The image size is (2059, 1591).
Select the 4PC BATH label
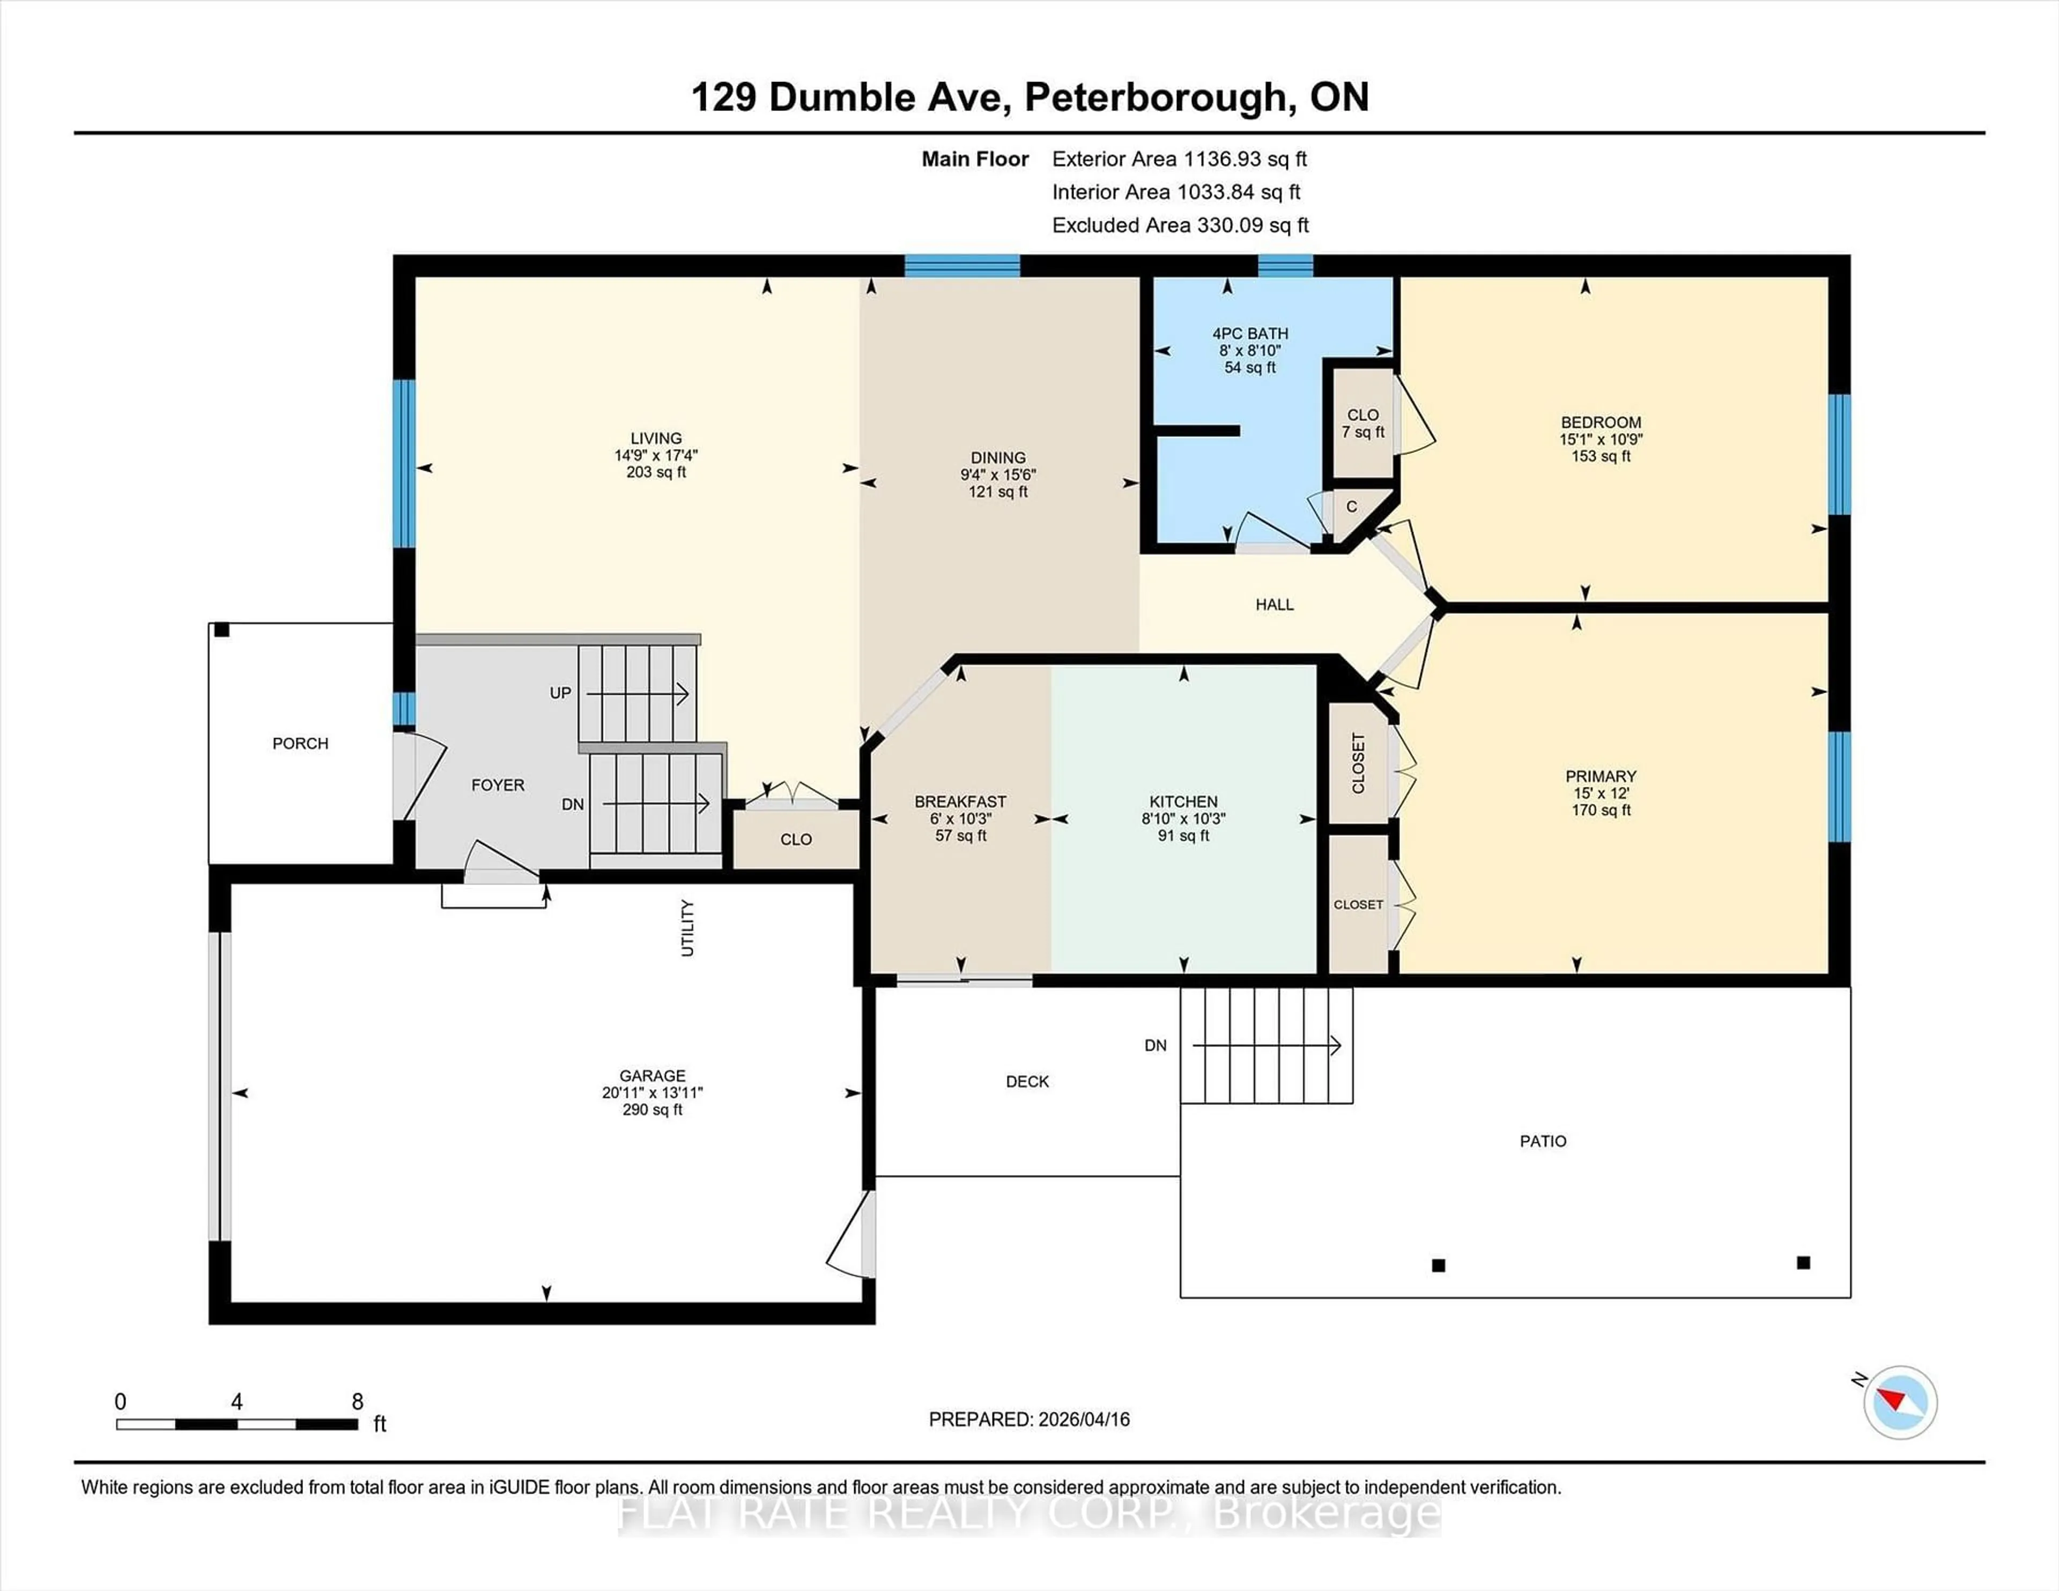(1249, 333)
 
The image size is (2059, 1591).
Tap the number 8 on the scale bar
(357, 1402)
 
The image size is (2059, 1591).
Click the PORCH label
(300, 744)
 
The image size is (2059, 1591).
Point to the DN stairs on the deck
(1266, 1045)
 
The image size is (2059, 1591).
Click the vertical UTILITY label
(687, 928)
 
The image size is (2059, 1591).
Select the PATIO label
(1542, 1141)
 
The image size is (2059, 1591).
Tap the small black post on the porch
(221, 630)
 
